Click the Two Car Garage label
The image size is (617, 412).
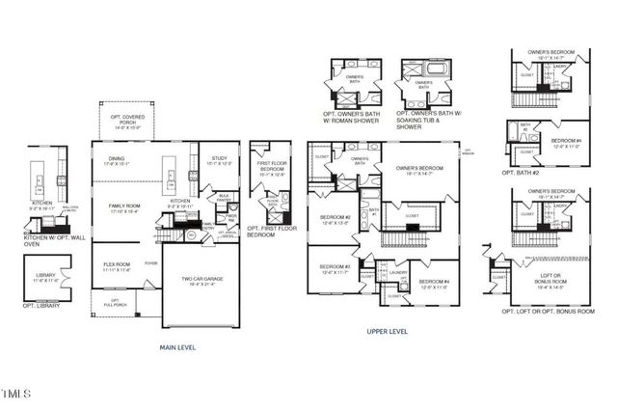pos(201,282)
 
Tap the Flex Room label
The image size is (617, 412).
pos(117,265)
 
